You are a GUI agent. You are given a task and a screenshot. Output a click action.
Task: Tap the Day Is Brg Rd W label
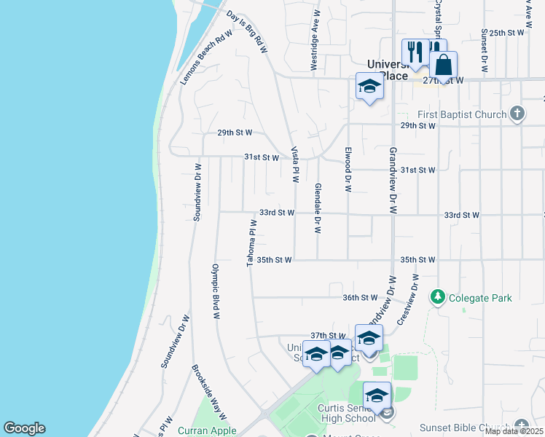pos(248,31)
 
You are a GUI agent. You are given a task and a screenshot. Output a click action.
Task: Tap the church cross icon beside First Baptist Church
pos(517,114)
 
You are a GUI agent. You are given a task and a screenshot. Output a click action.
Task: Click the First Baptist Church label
pos(462,114)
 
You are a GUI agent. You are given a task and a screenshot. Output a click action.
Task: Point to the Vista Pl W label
pos(296,165)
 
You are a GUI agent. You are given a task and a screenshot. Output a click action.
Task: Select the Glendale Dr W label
pos(318,208)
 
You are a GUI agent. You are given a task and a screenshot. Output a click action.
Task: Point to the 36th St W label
pos(360,297)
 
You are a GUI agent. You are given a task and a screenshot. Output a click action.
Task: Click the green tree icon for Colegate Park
pos(438,297)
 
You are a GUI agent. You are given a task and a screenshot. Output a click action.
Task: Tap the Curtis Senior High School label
pos(346,413)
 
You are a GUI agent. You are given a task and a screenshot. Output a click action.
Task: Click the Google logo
pos(24,428)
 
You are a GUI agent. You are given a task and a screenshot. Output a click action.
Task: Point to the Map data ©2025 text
pos(514,431)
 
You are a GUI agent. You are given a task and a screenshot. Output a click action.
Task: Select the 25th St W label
pos(507,33)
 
